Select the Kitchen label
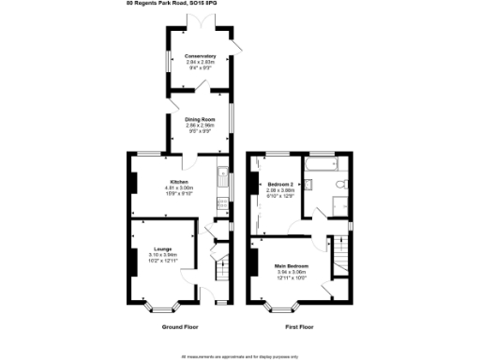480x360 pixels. tap(179, 181)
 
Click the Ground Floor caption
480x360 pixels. tap(179, 327)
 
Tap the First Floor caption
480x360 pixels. tap(298, 327)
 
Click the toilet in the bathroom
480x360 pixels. tap(344, 183)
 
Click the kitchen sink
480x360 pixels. tap(221, 178)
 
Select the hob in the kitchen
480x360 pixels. tap(221, 202)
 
